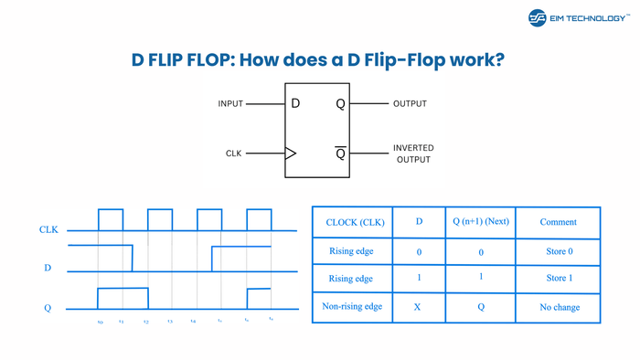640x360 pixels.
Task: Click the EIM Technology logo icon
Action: [x=538, y=17]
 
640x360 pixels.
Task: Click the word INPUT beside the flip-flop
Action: [x=230, y=104]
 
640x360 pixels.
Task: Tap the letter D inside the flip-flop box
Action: [x=295, y=104]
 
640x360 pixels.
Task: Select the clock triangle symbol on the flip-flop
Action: [x=291, y=154]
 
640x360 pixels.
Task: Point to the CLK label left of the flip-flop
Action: [x=234, y=154]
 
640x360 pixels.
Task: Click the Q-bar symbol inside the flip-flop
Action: [x=341, y=153]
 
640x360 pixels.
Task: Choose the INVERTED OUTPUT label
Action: [x=413, y=154]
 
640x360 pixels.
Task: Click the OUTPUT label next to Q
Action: [x=410, y=104]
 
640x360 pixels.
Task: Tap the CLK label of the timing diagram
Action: [x=48, y=230]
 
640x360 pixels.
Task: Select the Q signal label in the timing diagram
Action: [x=48, y=308]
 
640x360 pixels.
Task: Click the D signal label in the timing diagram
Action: [x=48, y=269]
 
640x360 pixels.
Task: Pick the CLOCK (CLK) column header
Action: [x=352, y=222]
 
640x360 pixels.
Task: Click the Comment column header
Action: [x=558, y=222]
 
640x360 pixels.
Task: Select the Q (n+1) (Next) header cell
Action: [x=481, y=222]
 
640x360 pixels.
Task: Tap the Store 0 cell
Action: [x=558, y=250]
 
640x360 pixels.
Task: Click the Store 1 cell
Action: [x=558, y=279]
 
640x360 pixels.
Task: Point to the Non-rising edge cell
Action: [x=352, y=308]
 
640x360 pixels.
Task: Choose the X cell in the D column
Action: [x=417, y=308]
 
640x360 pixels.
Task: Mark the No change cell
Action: [x=559, y=308]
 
